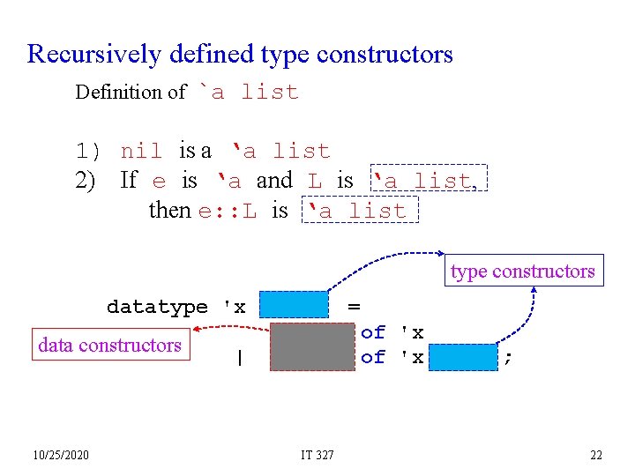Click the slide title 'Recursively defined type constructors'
240,55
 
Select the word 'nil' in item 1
141,152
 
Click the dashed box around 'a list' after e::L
361,211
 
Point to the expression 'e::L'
228,211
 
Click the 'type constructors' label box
522,271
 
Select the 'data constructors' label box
109,346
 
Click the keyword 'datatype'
157,307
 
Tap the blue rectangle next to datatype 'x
294,305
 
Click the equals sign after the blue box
354,306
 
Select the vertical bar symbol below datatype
238,358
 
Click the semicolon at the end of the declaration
507,357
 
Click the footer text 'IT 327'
317,455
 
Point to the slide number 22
596,455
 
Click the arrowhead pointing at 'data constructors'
198,332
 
